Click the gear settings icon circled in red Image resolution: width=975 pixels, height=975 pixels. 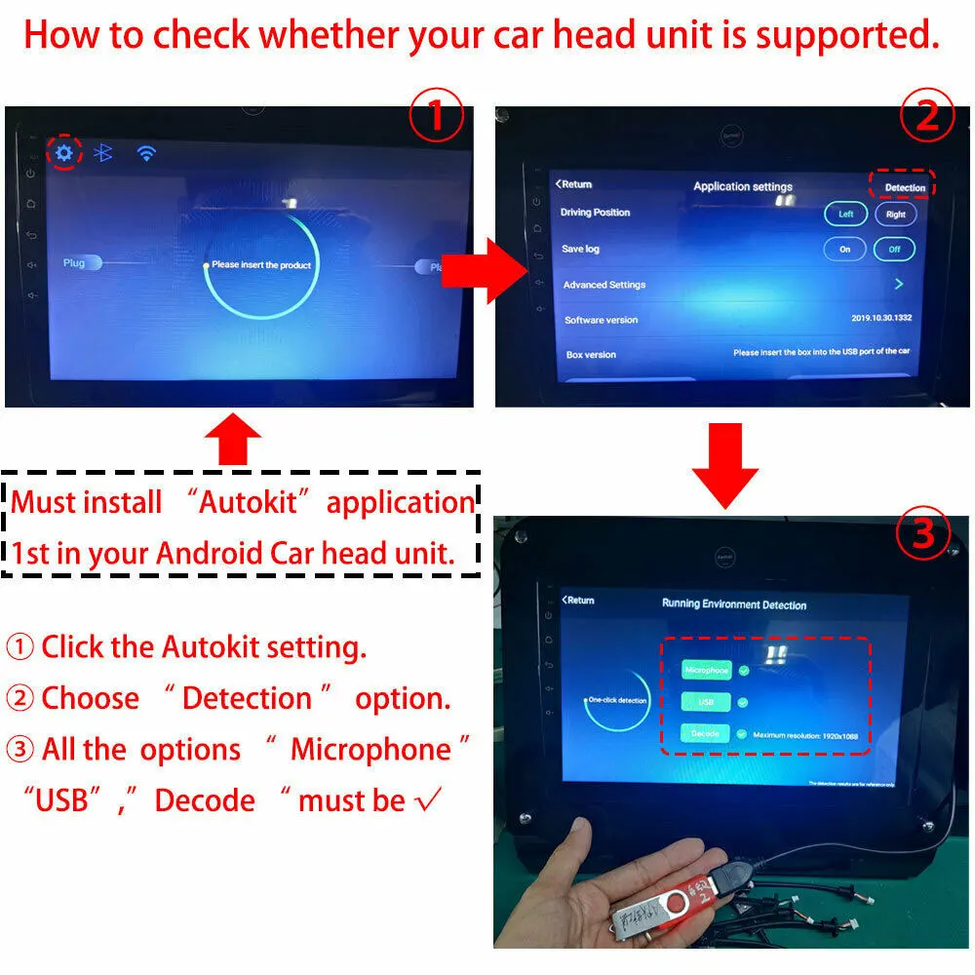click(64, 152)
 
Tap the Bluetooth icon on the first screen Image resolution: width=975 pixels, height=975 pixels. click(102, 152)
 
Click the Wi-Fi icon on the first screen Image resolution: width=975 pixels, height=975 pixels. click(146, 152)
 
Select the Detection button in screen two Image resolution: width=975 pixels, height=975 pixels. click(904, 187)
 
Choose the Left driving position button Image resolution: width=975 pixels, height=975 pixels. click(845, 214)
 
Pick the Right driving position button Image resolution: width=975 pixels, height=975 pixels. click(895, 214)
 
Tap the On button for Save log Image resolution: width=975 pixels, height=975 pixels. click(844, 250)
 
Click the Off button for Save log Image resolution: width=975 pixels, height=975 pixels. click(894, 250)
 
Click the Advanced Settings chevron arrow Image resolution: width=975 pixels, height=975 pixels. click(899, 284)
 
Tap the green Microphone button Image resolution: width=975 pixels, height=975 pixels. click(706, 671)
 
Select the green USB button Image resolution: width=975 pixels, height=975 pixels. click(706, 702)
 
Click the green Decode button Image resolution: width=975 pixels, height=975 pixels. click(705, 734)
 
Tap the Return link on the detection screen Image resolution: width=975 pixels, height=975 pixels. click(578, 600)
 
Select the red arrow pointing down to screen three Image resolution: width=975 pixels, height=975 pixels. click(724, 466)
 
